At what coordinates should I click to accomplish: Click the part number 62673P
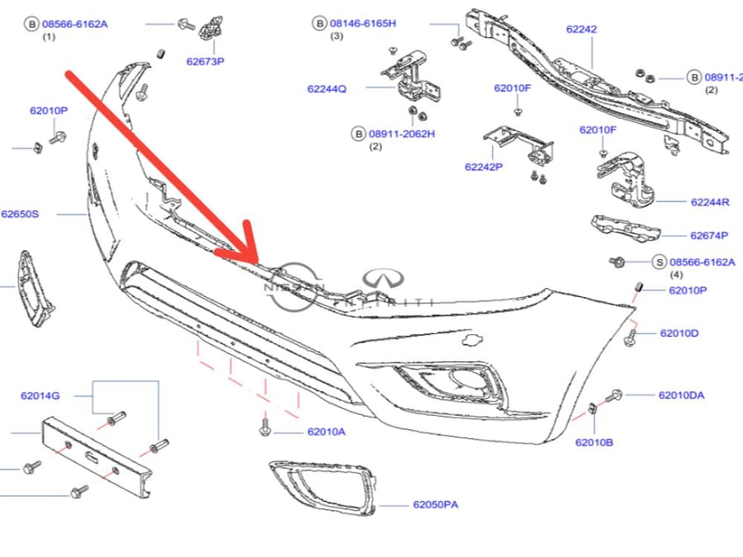(x=206, y=61)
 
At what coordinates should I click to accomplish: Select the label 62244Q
(x=326, y=88)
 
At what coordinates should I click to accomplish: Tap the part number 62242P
(x=484, y=167)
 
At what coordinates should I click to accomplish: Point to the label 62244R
(x=710, y=202)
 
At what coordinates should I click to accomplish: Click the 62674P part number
(x=709, y=235)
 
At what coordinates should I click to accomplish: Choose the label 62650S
(x=20, y=214)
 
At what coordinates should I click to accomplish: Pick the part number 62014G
(x=40, y=395)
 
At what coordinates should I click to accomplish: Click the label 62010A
(x=326, y=432)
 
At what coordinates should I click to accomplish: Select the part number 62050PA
(x=435, y=504)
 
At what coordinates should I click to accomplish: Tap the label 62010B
(x=594, y=442)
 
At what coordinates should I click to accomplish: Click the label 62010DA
(x=681, y=395)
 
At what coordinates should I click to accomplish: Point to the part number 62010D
(x=679, y=333)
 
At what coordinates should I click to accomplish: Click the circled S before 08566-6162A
(x=659, y=262)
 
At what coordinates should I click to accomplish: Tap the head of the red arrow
(x=258, y=263)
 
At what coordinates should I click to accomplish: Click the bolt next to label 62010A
(x=265, y=424)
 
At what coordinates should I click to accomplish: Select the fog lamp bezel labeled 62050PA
(x=323, y=488)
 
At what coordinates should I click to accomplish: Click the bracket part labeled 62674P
(x=625, y=229)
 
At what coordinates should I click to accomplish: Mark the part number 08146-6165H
(x=363, y=23)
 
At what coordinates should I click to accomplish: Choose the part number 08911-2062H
(x=402, y=134)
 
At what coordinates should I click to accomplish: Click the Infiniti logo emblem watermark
(x=383, y=280)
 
